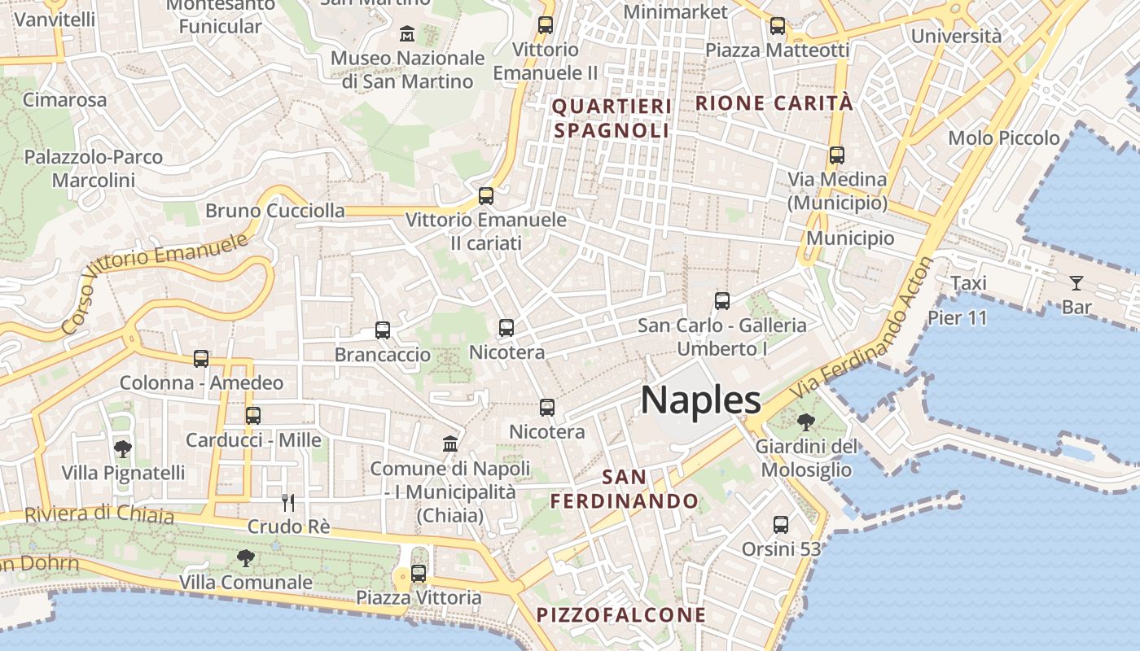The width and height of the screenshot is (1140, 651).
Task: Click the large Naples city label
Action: [700, 400]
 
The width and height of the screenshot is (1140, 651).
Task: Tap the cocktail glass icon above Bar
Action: [1076, 283]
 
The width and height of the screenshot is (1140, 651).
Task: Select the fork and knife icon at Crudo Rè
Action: [287, 502]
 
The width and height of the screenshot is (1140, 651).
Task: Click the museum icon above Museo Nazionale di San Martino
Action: [407, 34]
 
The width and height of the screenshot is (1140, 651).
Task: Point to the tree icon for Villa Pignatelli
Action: [123, 448]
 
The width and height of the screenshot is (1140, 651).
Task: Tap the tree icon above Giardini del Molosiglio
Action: [805, 422]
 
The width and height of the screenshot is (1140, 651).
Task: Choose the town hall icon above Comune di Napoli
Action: [449, 443]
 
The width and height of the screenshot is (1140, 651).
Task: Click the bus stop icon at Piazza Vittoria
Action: [419, 574]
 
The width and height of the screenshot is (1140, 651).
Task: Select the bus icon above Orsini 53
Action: [781, 525]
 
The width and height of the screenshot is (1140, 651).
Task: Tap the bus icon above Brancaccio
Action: [383, 330]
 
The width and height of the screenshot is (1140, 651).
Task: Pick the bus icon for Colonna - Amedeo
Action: [201, 359]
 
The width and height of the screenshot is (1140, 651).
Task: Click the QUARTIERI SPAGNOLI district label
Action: [612, 118]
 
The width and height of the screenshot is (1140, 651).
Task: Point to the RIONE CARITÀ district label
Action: [774, 103]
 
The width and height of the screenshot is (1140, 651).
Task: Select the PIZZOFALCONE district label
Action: [621, 614]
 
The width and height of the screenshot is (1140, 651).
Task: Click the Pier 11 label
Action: [958, 317]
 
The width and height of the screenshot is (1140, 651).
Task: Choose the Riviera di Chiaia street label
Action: [99, 515]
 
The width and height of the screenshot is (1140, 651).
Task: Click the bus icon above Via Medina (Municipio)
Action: [836, 155]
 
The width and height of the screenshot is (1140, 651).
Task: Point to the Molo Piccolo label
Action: [1003, 138]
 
